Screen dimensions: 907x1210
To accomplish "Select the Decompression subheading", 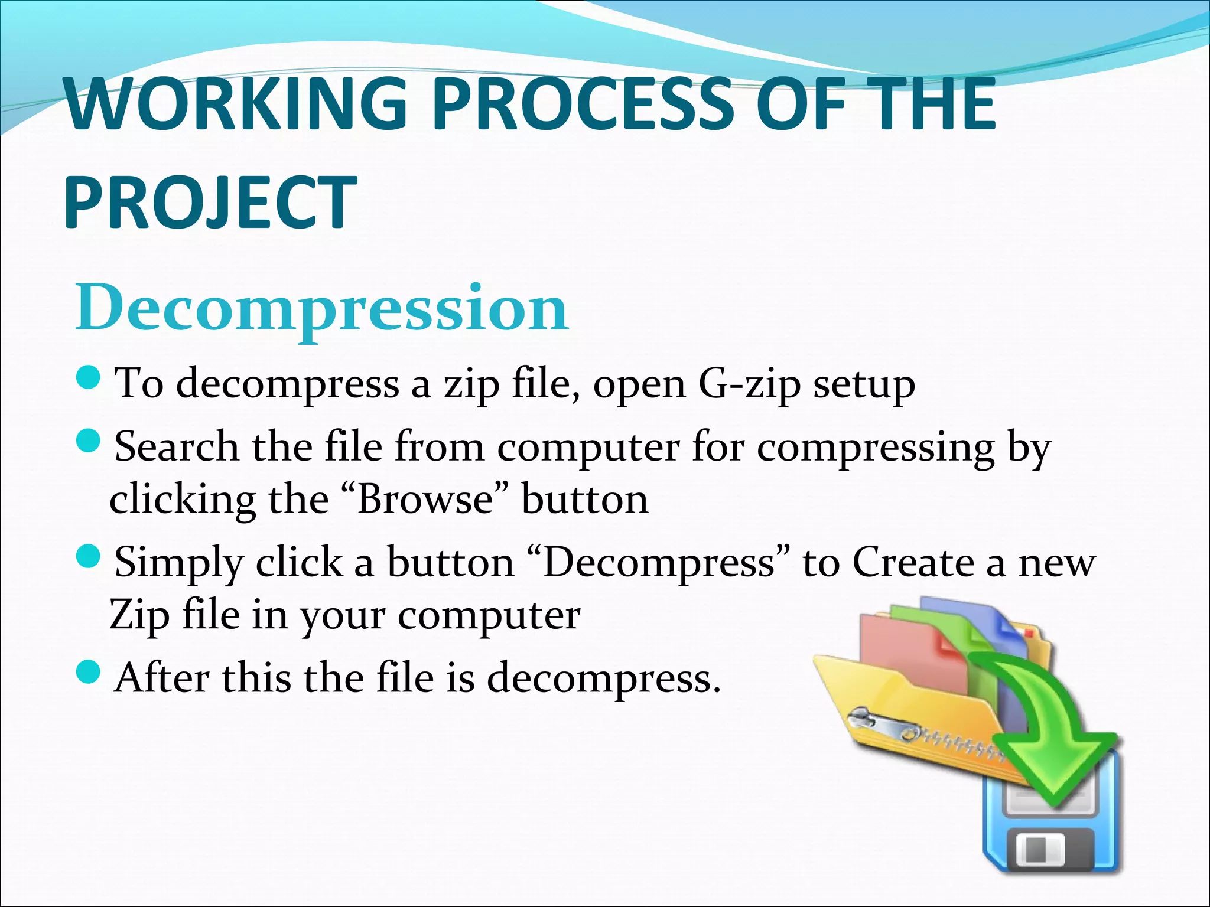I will [322, 308].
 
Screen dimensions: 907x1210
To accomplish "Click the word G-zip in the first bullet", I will [749, 385].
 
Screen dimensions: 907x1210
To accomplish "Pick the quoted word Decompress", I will [658, 562].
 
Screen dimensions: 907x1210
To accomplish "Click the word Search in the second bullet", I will [176, 447].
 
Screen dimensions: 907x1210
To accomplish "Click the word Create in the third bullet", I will [913, 562].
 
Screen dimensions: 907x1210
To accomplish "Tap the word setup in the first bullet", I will [864, 385].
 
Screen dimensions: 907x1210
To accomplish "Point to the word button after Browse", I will [585, 500].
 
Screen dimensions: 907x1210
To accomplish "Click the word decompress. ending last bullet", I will [604, 678].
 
